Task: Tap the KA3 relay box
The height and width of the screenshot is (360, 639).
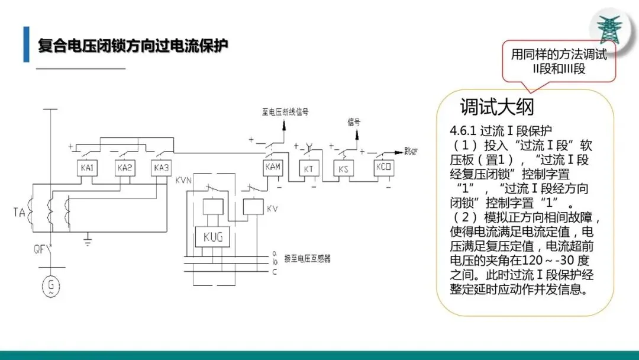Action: click(x=161, y=168)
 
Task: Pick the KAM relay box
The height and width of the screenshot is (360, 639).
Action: click(x=273, y=168)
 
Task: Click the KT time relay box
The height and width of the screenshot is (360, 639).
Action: click(x=308, y=169)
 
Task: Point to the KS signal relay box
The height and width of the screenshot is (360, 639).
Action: click(x=343, y=169)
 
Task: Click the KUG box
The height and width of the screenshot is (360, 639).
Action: click(x=212, y=237)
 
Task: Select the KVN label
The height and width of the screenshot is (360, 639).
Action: click(x=183, y=180)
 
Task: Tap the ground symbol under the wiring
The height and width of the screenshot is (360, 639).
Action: click(x=88, y=241)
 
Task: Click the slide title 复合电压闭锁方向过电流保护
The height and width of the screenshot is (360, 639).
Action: click(x=133, y=46)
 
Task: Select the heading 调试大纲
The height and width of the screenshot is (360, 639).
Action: click(x=497, y=107)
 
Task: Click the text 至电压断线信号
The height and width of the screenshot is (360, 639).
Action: click(x=285, y=111)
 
